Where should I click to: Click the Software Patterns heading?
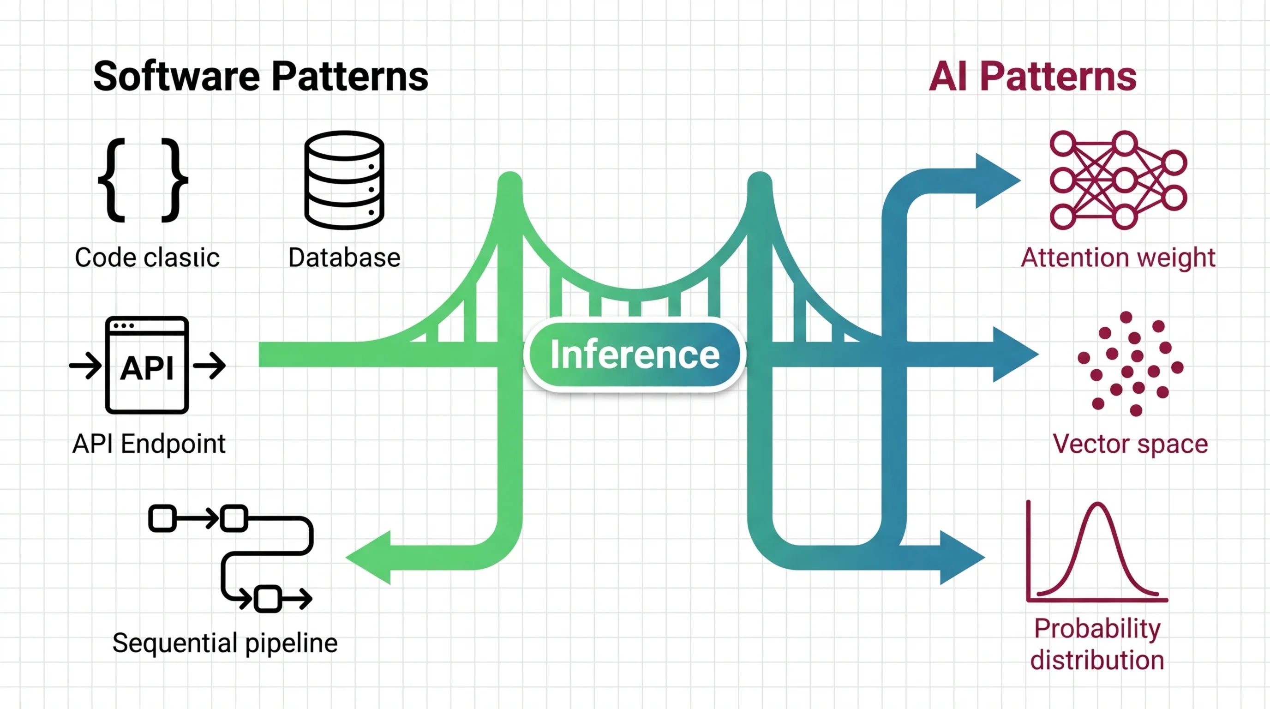tap(260, 77)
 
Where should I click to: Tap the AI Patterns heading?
tap(1032, 77)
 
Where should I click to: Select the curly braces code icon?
tap(143, 180)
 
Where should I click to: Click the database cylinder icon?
tap(344, 180)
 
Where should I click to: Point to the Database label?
tap(344, 258)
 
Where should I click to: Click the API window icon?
tap(147, 365)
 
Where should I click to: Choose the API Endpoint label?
tap(149, 444)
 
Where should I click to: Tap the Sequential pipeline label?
tap(225, 643)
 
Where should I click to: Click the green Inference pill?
tap(635, 355)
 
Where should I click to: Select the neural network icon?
tap(1118, 180)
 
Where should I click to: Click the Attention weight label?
tap(1118, 258)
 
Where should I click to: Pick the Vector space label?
tap(1130, 444)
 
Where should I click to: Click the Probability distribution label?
tap(1097, 644)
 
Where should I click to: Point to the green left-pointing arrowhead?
tap(370, 558)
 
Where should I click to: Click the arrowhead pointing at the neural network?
tap(996, 180)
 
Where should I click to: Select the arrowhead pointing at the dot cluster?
tap(1013, 354)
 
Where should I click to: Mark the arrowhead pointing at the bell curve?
tap(960, 558)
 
